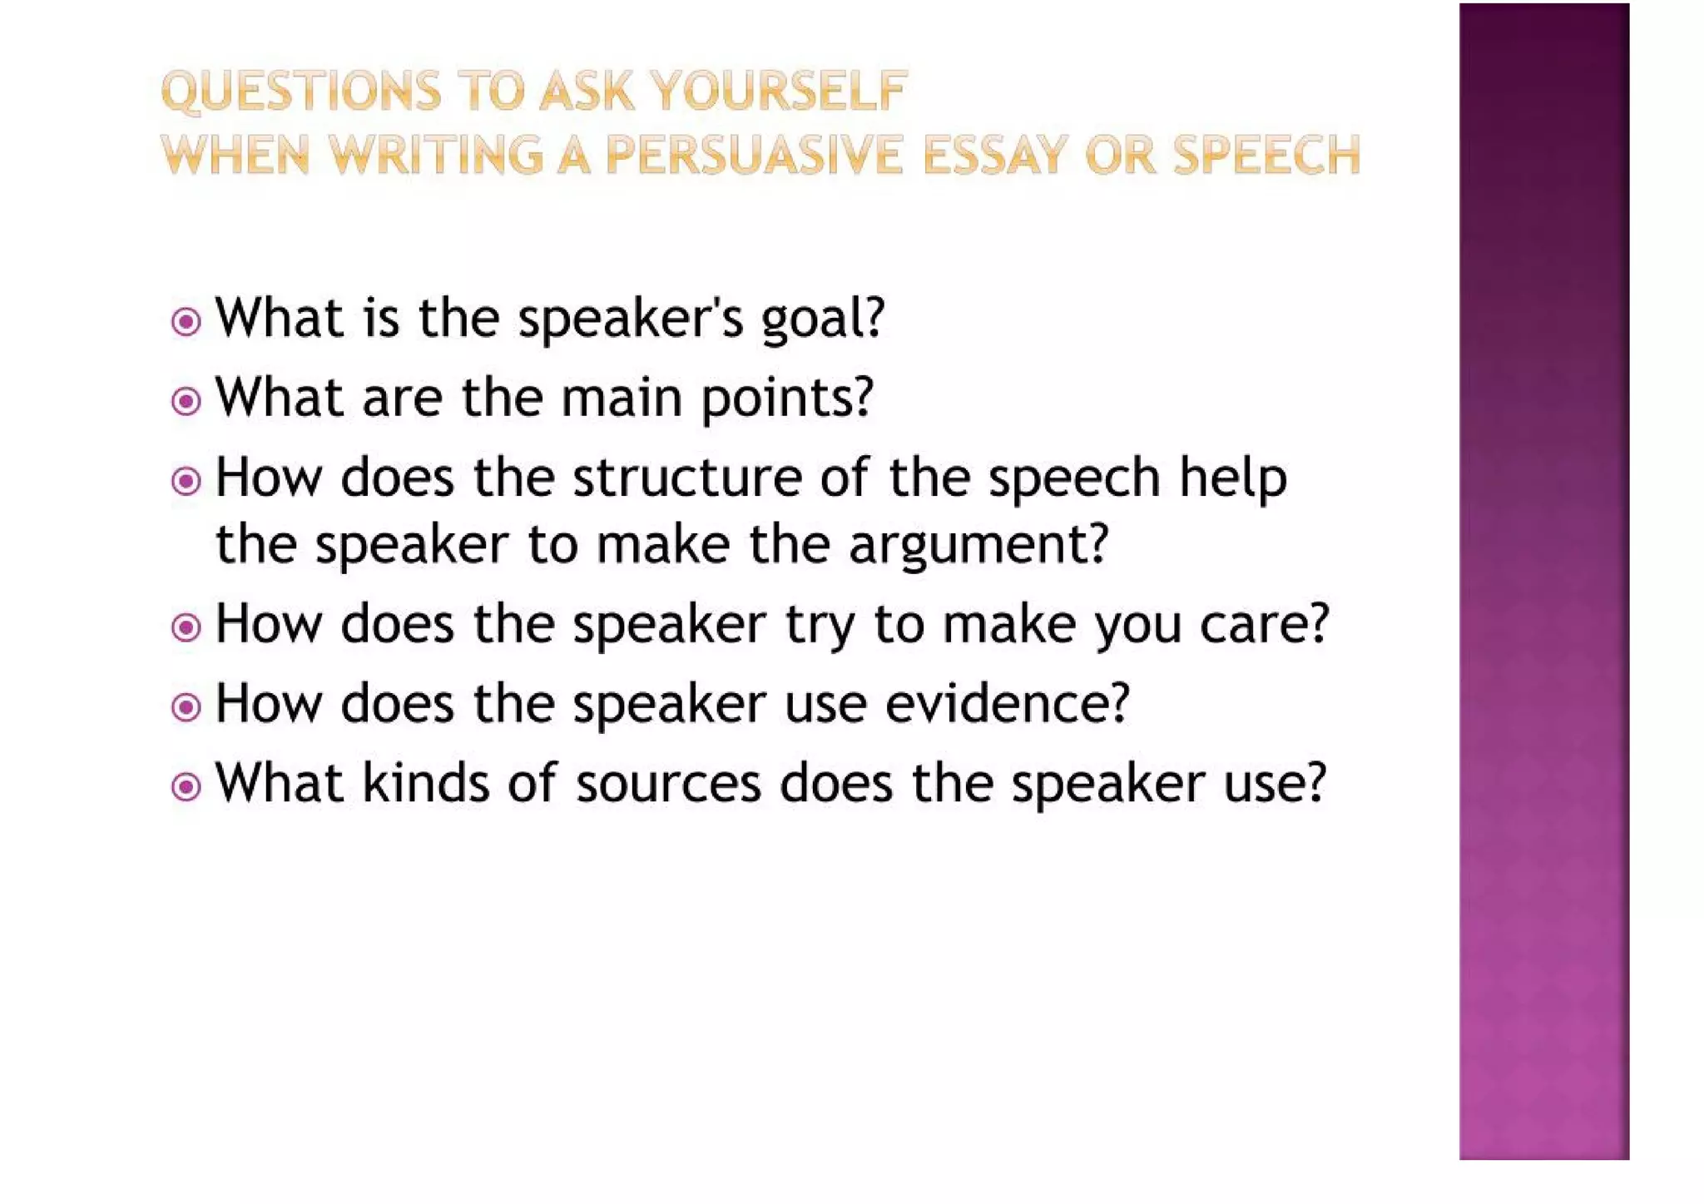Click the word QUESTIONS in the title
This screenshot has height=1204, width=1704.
300,91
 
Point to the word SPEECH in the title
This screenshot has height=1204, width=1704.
1266,156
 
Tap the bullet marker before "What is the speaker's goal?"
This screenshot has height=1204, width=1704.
186,321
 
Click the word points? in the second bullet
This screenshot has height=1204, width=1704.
787,398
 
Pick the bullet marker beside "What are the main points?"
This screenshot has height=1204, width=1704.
186,402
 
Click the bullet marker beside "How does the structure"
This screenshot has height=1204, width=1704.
186,481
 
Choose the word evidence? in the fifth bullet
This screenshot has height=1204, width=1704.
1007,704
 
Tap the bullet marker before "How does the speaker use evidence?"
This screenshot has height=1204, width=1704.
186,707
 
